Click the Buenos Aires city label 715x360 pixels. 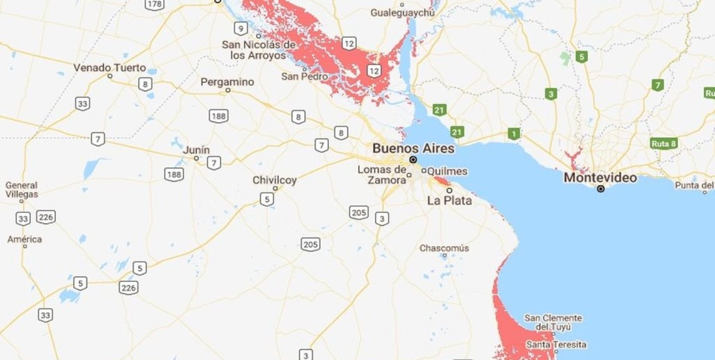click(x=414, y=148)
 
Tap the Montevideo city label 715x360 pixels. click(x=600, y=178)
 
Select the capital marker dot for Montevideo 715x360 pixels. click(x=601, y=189)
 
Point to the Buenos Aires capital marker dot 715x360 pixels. click(x=413, y=159)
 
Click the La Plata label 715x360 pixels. click(x=449, y=201)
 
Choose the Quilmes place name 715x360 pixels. click(x=447, y=171)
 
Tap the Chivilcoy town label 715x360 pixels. click(x=274, y=180)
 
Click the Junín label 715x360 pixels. click(x=196, y=150)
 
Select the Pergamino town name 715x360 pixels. click(x=227, y=82)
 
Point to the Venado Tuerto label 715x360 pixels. click(x=110, y=68)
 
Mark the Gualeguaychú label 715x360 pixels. click(x=399, y=13)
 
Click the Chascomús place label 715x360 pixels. click(x=444, y=248)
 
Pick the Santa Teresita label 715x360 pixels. click(x=556, y=345)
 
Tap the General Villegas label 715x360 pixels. click(x=22, y=190)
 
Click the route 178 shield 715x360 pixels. click(x=155, y=5)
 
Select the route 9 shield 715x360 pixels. click(x=240, y=29)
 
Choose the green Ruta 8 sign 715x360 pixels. click(x=663, y=143)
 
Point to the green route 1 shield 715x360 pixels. click(x=514, y=134)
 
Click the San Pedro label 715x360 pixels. click(x=305, y=76)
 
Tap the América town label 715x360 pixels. click(x=25, y=240)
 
